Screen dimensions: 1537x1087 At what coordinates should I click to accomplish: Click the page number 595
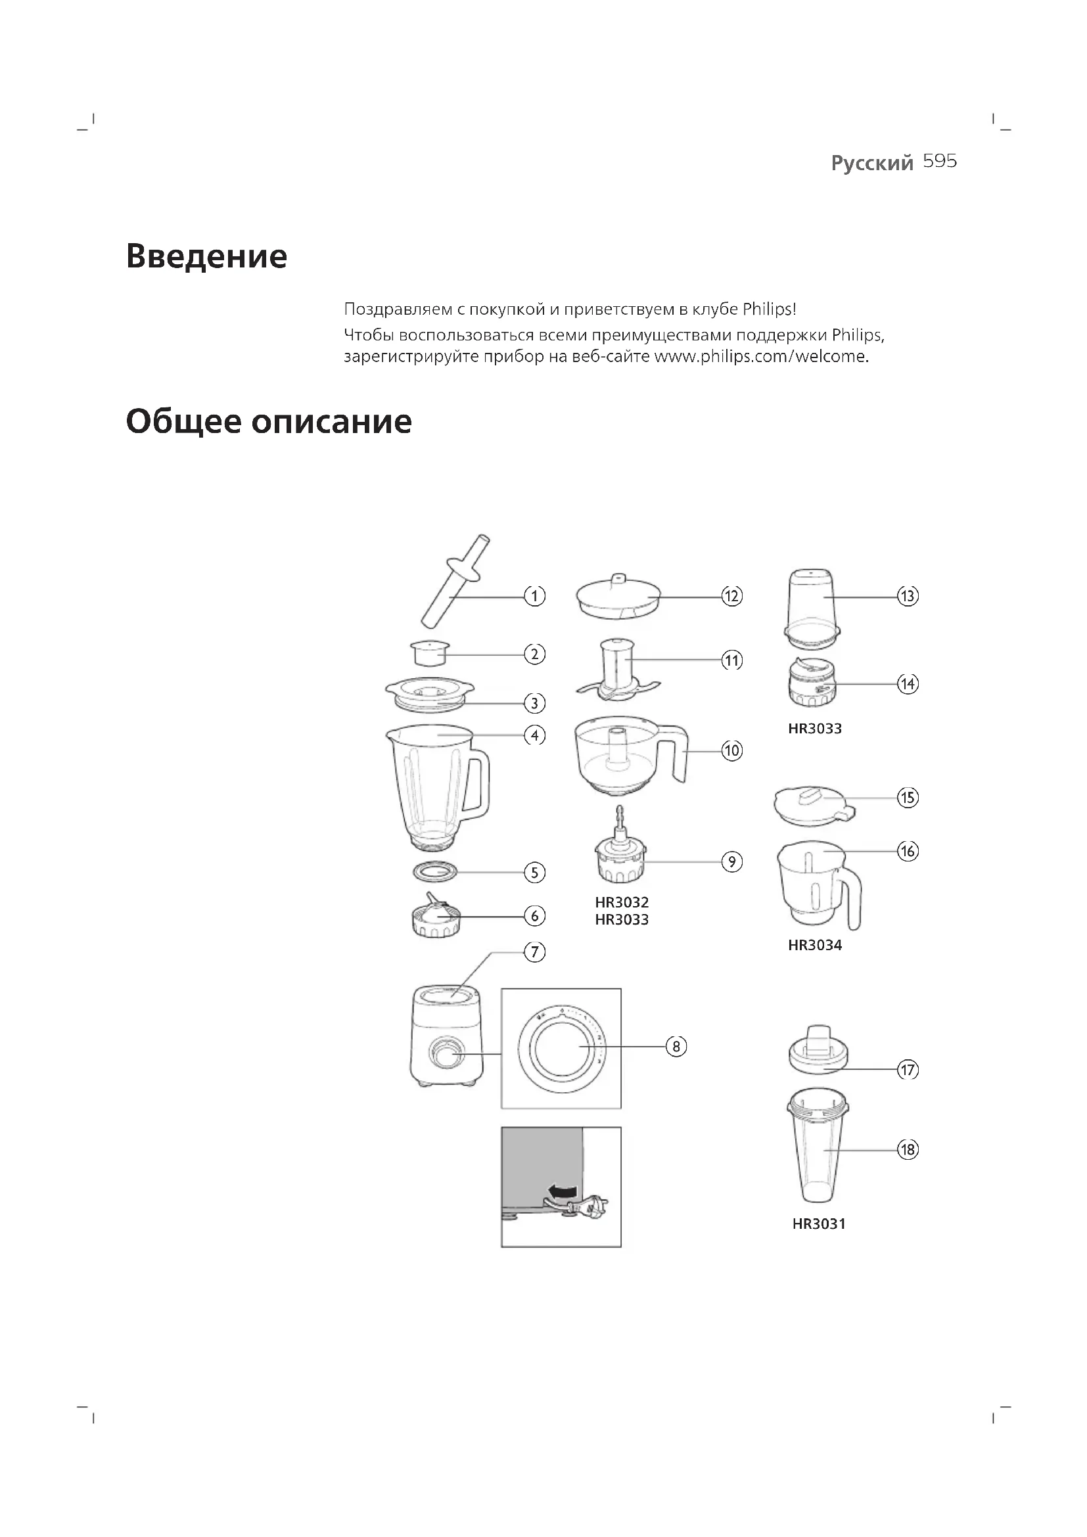tap(940, 162)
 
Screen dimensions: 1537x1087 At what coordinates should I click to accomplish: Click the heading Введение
tap(206, 256)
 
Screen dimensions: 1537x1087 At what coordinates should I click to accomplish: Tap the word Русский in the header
tap(871, 163)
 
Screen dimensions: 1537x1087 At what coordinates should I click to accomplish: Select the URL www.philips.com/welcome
tap(760, 356)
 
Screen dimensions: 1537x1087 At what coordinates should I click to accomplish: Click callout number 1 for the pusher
tap(534, 596)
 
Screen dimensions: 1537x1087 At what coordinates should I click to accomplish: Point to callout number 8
tap(676, 1046)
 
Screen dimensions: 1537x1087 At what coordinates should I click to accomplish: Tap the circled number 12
tap(731, 596)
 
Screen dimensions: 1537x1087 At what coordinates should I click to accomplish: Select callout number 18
tap(908, 1150)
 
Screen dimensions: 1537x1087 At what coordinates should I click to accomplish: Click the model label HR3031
tap(819, 1224)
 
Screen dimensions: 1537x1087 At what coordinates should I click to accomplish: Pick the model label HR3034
tap(814, 945)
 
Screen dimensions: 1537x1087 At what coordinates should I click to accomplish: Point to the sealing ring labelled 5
tap(435, 871)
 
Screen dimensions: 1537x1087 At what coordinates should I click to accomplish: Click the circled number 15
tap(908, 797)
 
